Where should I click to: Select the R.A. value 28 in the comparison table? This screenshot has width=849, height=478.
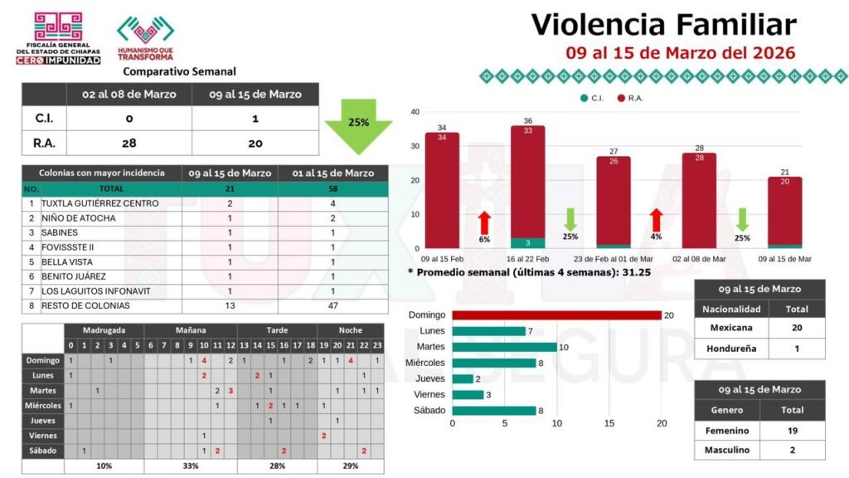[x=129, y=143]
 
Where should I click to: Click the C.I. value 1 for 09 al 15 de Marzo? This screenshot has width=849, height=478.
[x=255, y=119]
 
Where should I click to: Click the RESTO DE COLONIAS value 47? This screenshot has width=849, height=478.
[x=332, y=305]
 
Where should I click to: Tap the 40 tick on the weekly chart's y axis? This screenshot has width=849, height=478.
[x=415, y=112]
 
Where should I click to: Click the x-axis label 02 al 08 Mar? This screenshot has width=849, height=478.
[x=699, y=259]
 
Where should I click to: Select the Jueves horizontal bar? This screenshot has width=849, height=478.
[x=462, y=378]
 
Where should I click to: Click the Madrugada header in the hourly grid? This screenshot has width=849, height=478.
[x=104, y=330]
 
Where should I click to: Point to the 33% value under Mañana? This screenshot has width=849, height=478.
[x=191, y=466]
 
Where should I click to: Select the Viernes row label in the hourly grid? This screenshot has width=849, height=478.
[x=43, y=435]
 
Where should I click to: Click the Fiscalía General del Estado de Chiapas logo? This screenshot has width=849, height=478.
[x=58, y=37]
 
